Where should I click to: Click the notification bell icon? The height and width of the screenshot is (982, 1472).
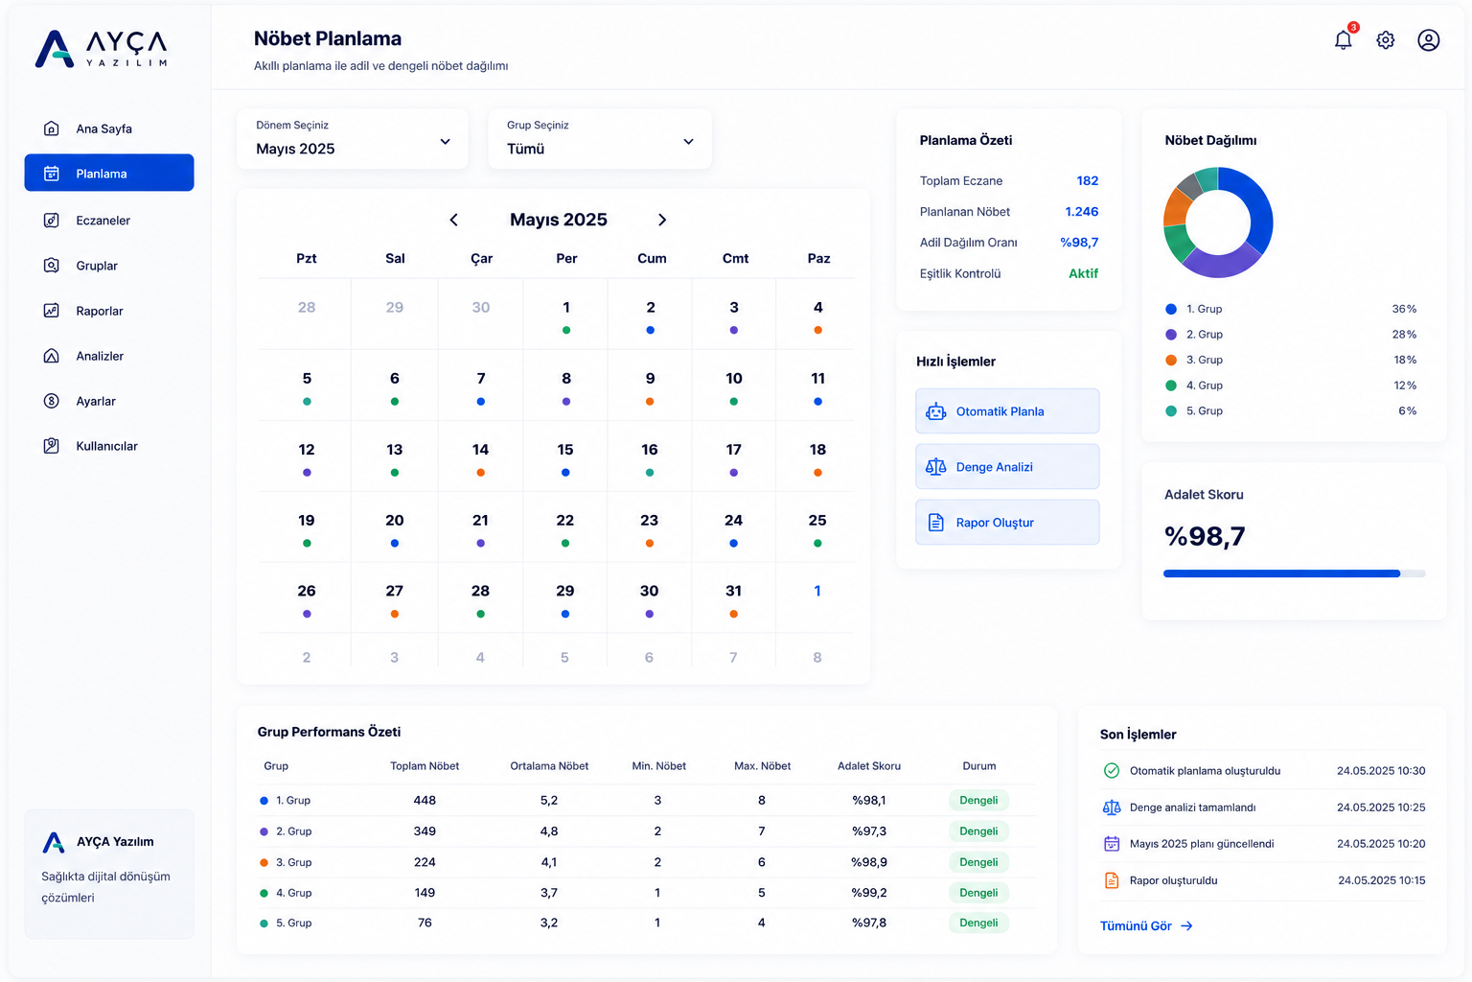[1343, 40]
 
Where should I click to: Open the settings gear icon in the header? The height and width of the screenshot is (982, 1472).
[1385, 40]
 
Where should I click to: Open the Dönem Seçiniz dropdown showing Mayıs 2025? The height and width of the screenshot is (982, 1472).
[353, 139]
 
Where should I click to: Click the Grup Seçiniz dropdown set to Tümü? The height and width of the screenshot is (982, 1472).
[600, 139]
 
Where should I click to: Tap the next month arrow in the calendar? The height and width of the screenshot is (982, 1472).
[662, 220]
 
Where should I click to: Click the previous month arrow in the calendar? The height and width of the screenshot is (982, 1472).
[453, 220]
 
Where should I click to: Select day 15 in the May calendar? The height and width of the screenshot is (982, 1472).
[565, 456]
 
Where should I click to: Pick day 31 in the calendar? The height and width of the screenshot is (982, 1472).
[733, 597]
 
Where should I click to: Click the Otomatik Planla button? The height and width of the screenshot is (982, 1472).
[1007, 411]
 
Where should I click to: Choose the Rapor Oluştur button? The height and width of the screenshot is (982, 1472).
[1007, 523]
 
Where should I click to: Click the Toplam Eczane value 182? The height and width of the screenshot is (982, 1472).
[1088, 180]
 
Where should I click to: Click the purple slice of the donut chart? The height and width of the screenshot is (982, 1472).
[1222, 263]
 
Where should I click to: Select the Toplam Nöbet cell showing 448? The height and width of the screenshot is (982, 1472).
[425, 800]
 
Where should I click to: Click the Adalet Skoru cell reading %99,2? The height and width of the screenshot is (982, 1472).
[869, 893]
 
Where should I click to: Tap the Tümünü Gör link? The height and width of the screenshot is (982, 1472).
[1146, 926]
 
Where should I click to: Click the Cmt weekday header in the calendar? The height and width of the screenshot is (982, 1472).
[735, 259]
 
